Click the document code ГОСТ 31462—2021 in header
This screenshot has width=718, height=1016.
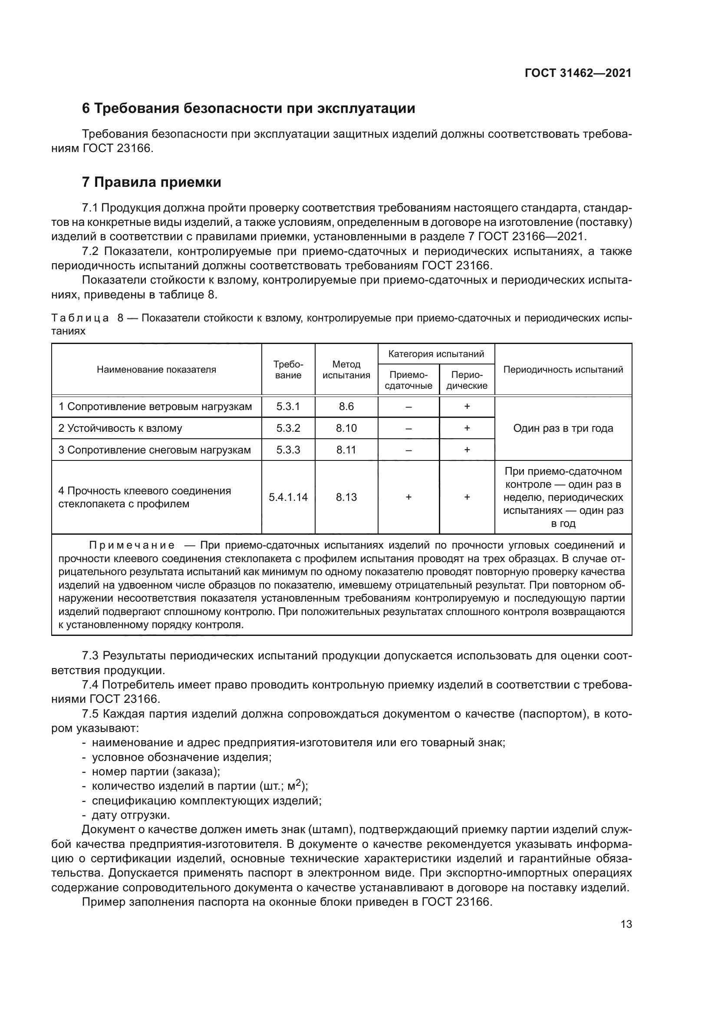coord(578,73)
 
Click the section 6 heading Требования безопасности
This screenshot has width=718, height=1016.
coord(248,109)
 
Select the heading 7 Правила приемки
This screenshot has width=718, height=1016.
coord(152,182)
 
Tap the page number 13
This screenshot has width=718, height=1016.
coord(626,924)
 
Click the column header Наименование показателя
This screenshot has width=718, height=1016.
coord(157,370)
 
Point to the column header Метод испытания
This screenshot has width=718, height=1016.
coord(346,370)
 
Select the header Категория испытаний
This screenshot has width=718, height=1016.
coord(436,354)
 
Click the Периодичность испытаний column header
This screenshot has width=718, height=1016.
coord(563,370)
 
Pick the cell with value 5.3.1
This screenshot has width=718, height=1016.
coord(288,406)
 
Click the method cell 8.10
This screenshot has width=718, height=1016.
coord(346,428)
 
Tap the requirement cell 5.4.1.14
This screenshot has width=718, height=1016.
coord(288,497)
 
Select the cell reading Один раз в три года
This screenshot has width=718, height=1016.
coord(563,428)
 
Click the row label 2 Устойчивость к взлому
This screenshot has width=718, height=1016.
coord(120,428)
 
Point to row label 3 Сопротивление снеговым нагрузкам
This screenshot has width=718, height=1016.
coord(155,450)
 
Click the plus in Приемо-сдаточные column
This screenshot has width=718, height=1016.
coord(408,497)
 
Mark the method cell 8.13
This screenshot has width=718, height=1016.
coord(346,497)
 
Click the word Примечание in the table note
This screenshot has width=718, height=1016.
coord(132,545)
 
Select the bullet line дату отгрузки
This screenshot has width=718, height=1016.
coord(130,814)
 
